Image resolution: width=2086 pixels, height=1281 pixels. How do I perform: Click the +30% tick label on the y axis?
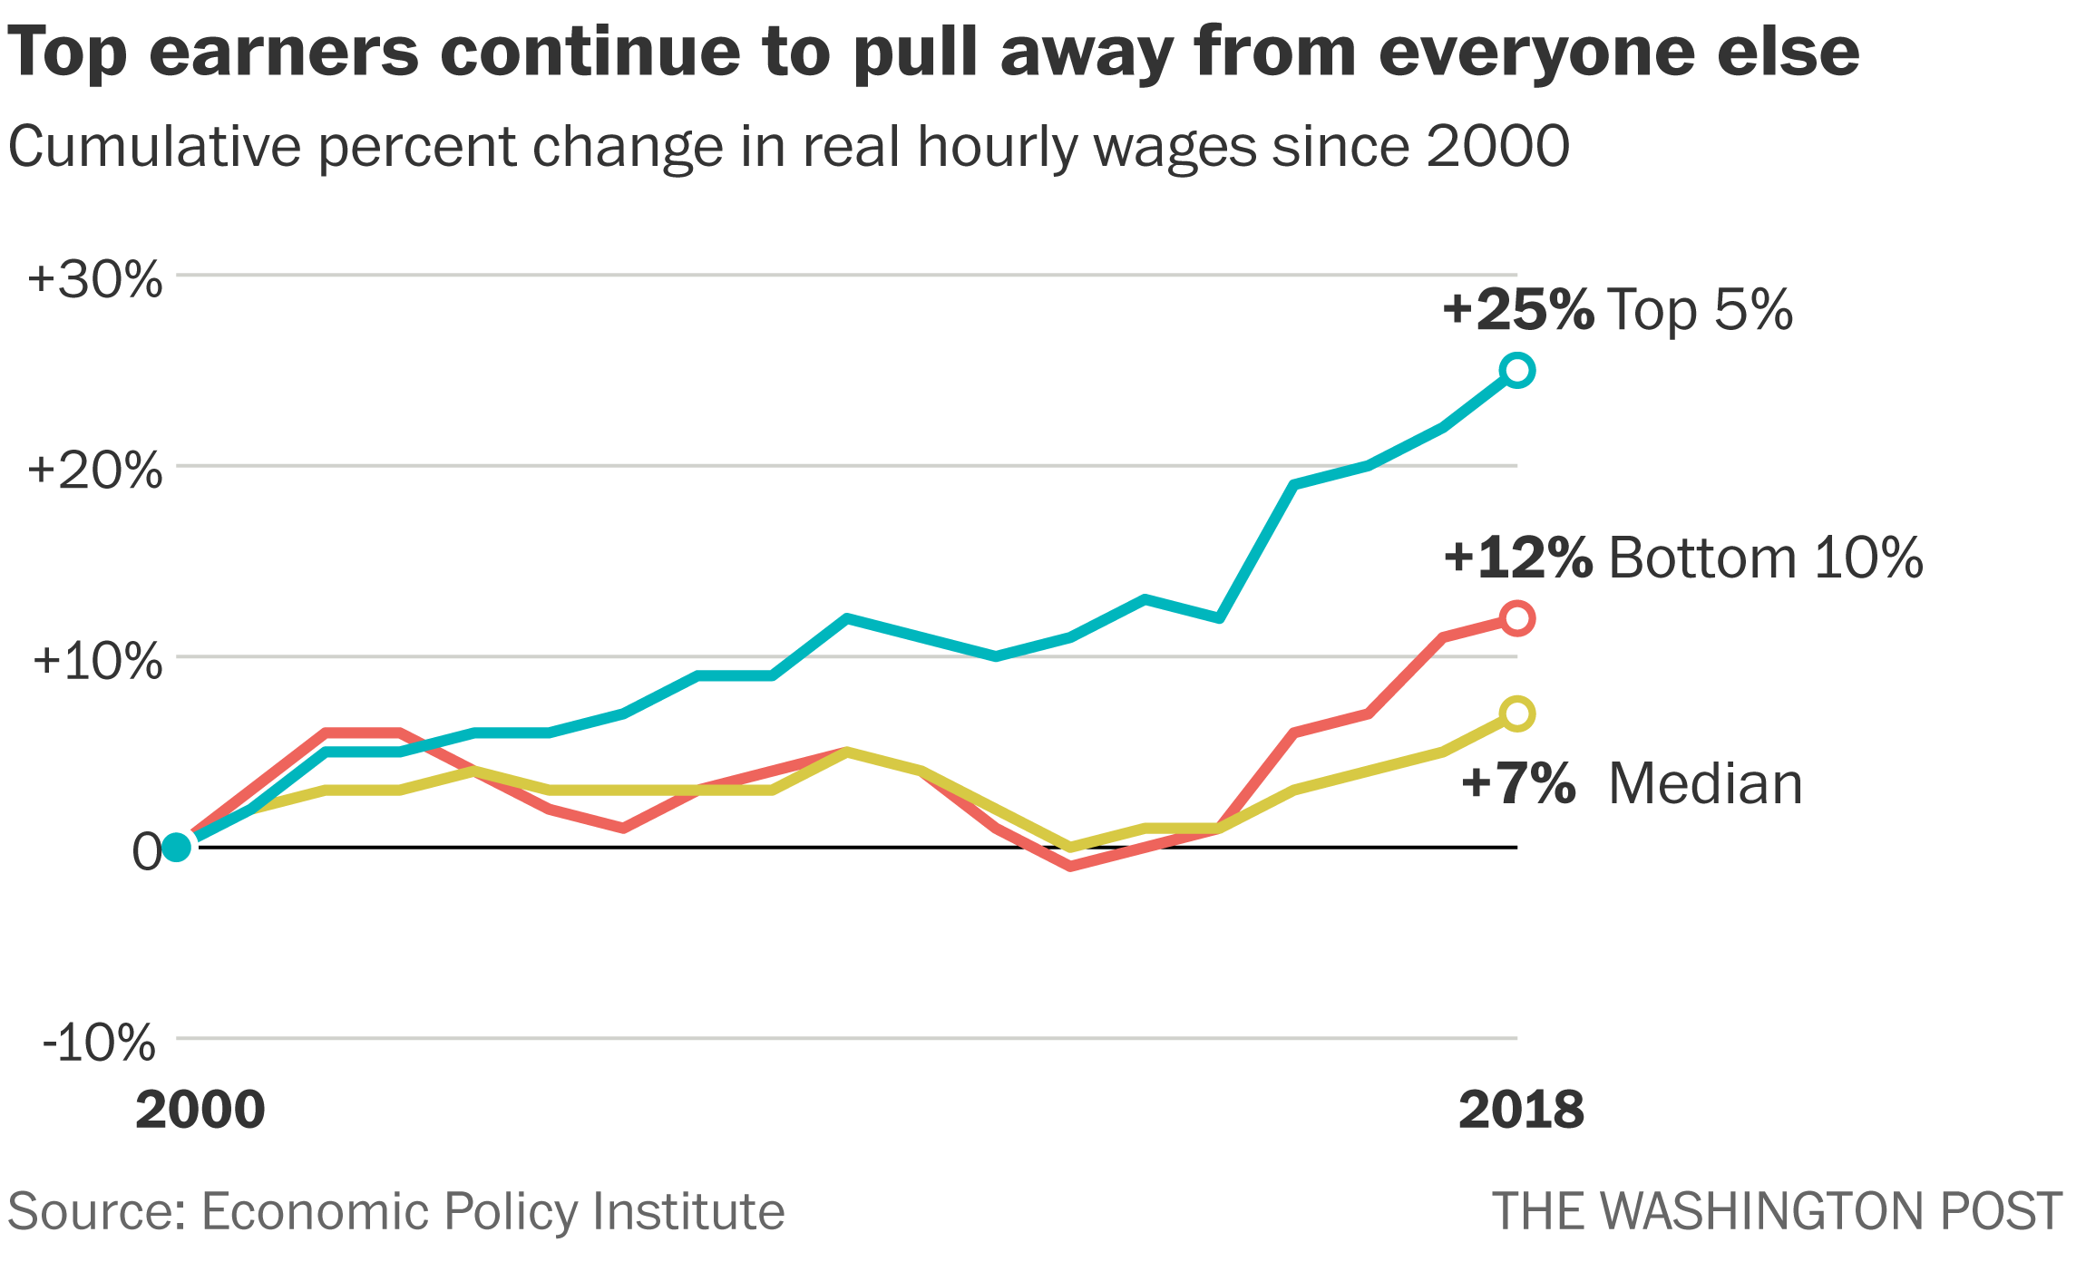click(x=95, y=279)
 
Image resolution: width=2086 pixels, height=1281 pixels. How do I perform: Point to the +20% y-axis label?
click(x=95, y=471)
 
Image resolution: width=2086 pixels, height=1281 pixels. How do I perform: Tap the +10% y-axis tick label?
click(x=98, y=662)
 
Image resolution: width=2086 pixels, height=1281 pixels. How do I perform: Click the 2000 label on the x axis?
click(x=200, y=1110)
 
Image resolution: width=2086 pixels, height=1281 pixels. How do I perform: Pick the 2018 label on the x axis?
click(x=1521, y=1110)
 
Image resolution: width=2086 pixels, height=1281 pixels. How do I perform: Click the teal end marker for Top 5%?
click(x=1517, y=370)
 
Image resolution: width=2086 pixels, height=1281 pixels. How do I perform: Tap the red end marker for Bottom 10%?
click(x=1517, y=618)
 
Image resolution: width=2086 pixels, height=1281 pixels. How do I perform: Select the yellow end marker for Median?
click(x=1517, y=713)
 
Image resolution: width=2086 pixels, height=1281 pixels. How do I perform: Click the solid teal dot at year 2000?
click(x=177, y=848)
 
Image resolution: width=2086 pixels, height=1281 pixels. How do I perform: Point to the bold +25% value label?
click(x=1518, y=309)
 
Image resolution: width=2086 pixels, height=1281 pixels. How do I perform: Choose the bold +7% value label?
click(x=1518, y=783)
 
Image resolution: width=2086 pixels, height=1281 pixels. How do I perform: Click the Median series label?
click(x=1705, y=783)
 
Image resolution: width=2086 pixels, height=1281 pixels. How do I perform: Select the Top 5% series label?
click(x=1700, y=309)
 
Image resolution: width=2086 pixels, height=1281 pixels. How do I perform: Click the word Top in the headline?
click(x=68, y=53)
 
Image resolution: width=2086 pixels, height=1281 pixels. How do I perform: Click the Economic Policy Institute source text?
click(x=492, y=1211)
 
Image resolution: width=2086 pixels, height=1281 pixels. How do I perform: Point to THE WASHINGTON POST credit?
click(x=1777, y=1211)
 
